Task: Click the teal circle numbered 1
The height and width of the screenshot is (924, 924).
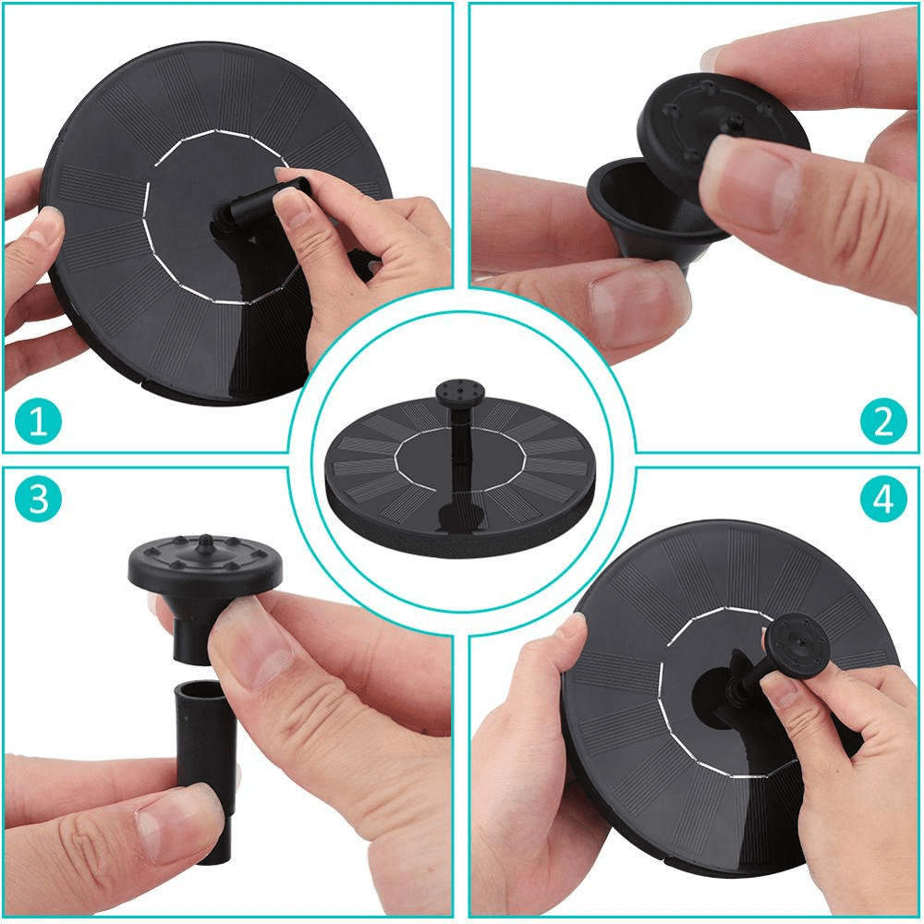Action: (x=38, y=421)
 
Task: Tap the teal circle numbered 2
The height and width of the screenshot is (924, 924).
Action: (x=883, y=420)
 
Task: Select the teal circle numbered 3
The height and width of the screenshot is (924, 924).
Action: (x=38, y=499)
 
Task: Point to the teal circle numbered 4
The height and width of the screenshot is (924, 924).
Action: (x=882, y=499)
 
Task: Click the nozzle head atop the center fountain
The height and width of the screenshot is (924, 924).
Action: (x=459, y=391)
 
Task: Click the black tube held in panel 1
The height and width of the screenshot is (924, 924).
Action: (x=265, y=201)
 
